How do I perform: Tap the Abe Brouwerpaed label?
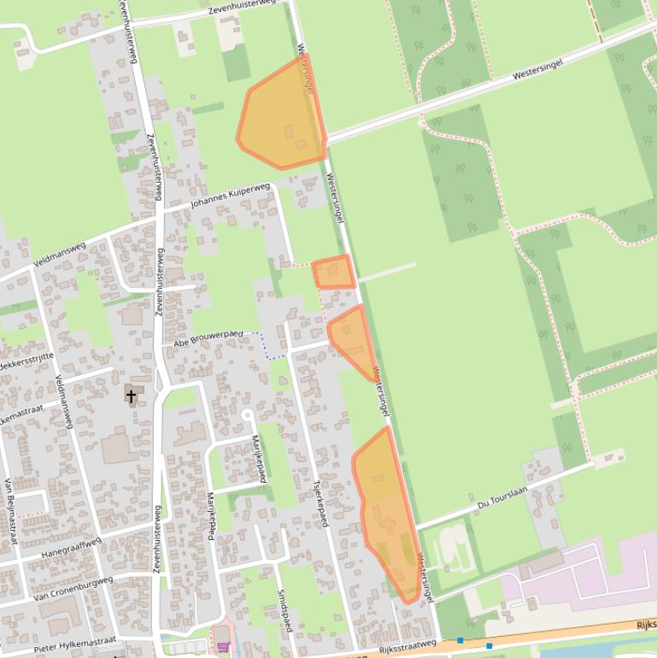[x=208, y=338]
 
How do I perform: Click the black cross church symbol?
[x=131, y=396]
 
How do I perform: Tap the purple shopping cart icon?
[x=223, y=646]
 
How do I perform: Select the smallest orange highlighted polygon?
[x=333, y=273]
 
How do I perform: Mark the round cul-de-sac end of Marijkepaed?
[x=247, y=414]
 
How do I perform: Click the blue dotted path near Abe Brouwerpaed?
[x=265, y=346]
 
